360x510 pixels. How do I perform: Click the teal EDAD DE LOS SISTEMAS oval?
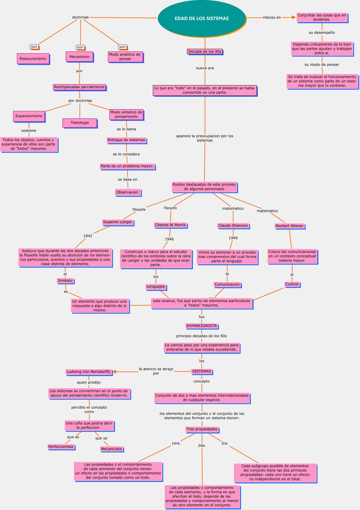pyautogui.click(x=202, y=18)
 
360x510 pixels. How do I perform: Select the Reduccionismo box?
pyautogui.click(x=33, y=59)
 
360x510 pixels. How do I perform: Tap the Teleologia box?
pyautogui.click(x=80, y=123)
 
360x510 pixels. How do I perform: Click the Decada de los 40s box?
pyautogui.click(x=205, y=51)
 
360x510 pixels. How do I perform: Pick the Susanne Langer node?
pyautogui.click(x=118, y=222)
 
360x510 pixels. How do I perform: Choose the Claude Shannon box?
pyautogui.click(x=233, y=226)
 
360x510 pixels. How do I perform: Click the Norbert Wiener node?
pyautogui.click(x=290, y=226)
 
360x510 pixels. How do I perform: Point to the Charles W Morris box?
pyautogui.click(x=170, y=225)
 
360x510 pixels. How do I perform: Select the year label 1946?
pyautogui.click(x=169, y=239)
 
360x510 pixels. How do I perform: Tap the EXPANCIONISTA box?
pyautogui.click(x=202, y=326)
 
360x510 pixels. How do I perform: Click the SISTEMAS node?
pyautogui.click(x=202, y=371)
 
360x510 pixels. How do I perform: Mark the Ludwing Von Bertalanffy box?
pyautogui.click(x=89, y=372)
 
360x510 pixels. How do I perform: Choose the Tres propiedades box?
pyautogui.click(x=202, y=429)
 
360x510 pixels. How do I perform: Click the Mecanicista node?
pyautogui.click(x=111, y=449)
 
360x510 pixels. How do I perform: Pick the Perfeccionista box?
pyautogui.click(x=61, y=447)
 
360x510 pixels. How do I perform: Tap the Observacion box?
pyautogui.click(x=127, y=192)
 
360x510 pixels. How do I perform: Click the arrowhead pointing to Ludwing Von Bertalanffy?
pyautogui.click(x=114, y=372)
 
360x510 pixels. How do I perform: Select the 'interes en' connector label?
pyautogui.click(x=271, y=18)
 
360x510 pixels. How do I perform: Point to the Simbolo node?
pyautogui.click(x=65, y=281)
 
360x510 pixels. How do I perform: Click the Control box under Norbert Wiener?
pyautogui.click(x=292, y=284)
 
